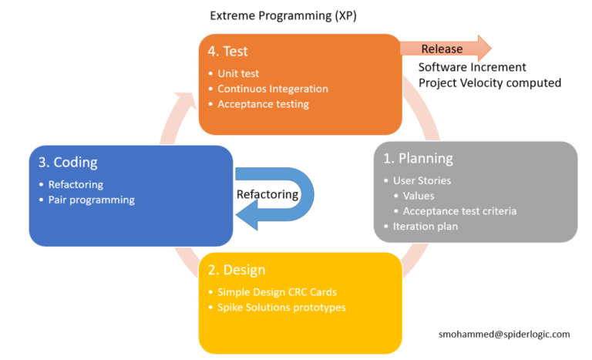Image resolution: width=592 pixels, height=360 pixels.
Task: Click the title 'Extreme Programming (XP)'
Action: [x=283, y=15]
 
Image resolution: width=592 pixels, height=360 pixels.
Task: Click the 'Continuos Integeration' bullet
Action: [x=272, y=89]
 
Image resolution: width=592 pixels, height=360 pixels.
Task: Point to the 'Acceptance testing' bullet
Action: [x=263, y=104]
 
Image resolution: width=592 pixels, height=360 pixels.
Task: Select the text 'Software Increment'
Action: [x=473, y=67]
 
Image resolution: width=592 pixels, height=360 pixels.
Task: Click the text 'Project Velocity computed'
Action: [x=489, y=82]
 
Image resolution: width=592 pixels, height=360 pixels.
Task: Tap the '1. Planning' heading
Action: [x=419, y=159]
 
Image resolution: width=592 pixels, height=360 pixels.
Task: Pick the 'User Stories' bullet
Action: [x=422, y=181]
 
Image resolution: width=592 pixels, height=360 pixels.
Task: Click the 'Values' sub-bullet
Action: [x=419, y=196]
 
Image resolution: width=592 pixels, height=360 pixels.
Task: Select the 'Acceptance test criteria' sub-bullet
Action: [x=459, y=211]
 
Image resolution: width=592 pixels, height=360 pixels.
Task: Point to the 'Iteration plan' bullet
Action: [x=425, y=227]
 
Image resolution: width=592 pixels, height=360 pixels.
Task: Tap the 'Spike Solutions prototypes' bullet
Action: [x=281, y=307]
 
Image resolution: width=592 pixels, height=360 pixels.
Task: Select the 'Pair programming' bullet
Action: [x=91, y=200]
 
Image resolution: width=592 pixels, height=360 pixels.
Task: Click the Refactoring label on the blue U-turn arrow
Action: [x=267, y=194]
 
